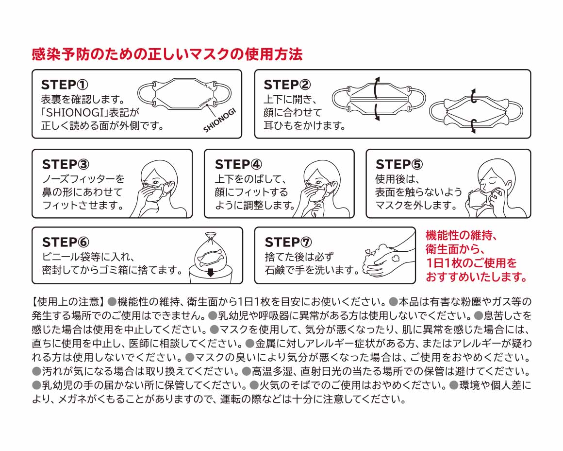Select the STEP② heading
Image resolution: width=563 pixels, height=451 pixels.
coord(287,85)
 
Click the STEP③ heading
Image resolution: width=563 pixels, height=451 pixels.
coord(66,164)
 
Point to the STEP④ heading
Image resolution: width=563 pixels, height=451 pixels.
coord(238,164)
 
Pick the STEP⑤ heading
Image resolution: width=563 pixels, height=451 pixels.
coord(399,164)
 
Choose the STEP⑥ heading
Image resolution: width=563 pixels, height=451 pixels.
coord(66,242)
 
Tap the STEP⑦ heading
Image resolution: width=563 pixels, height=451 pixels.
coord(288,242)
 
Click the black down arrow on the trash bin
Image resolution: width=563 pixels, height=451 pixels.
coord(210,272)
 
